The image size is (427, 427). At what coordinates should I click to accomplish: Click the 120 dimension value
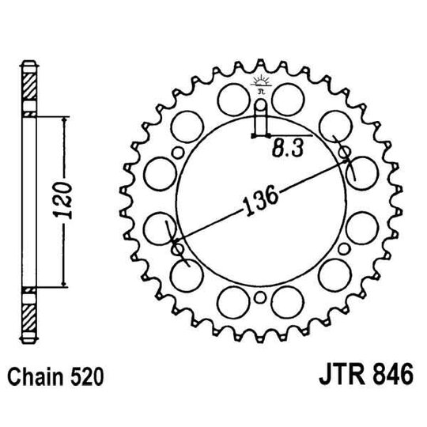tap(70, 202)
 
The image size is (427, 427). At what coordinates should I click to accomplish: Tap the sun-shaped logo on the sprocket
tap(262, 83)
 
